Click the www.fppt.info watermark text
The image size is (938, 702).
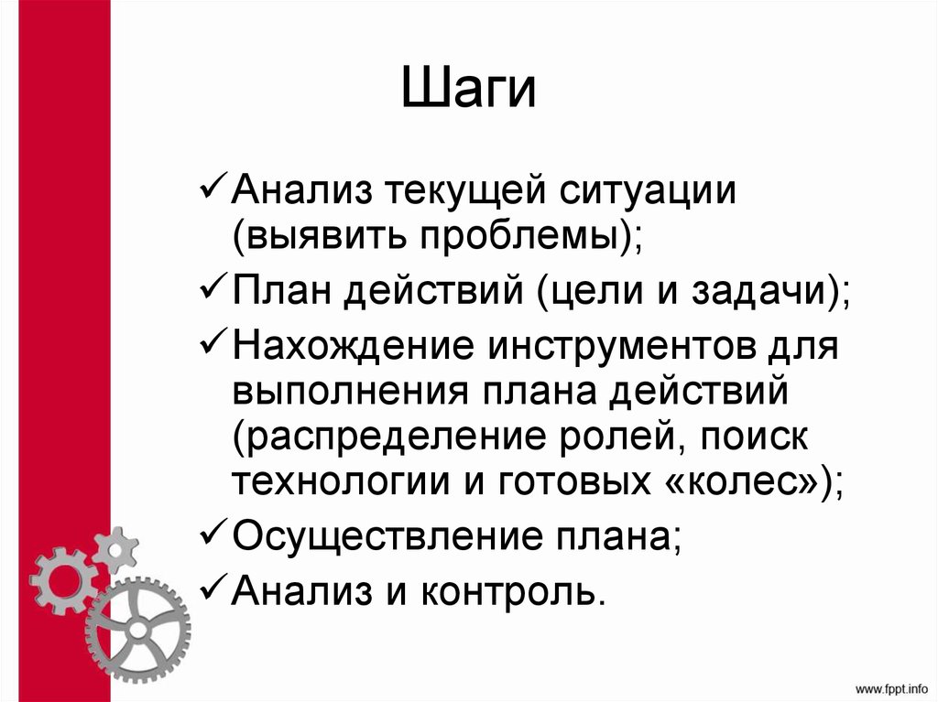pyautogui.click(x=891, y=686)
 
